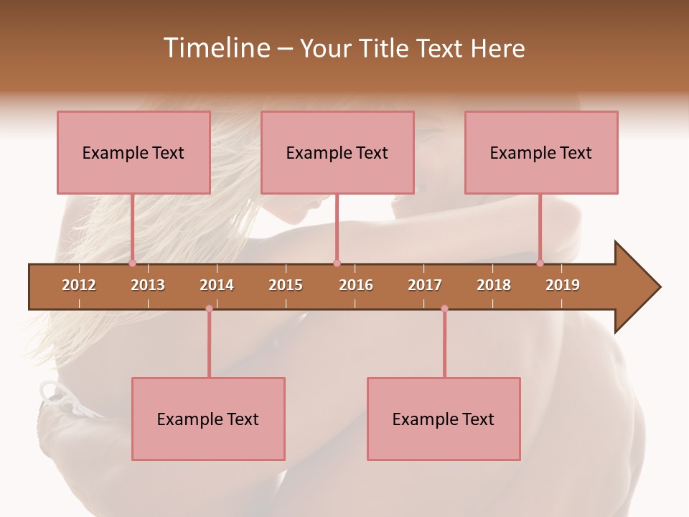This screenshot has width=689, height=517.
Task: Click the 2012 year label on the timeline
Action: (x=79, y=285)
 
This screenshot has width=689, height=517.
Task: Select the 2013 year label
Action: (x=148, y=285)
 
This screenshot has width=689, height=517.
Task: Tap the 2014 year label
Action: (x=217, y=285)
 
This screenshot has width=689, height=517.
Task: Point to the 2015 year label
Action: (x=286, y=285)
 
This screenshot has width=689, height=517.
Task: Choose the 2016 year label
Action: (x=356, y=285)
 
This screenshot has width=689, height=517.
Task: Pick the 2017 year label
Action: (x=425, y=285)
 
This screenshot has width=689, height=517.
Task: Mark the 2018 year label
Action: (x=494, y=285)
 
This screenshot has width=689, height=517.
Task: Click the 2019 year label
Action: (x=563, y=285)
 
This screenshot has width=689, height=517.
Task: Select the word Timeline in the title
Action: (x=215, y=48)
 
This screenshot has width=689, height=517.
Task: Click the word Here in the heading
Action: (x=497, y=48)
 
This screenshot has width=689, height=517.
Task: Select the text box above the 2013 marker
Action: (x=133, y=152)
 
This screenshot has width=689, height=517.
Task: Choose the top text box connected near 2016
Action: (x=337, y=152)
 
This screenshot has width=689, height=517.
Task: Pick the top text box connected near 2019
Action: (x=541, y=152)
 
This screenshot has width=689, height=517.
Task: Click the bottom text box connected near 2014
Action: (x=208, y=419)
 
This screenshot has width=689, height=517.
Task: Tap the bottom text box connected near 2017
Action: (x=444, y=419)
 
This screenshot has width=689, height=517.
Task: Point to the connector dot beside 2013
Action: (x=132, y=263)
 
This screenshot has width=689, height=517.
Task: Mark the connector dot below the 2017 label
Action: (x=444, y=309)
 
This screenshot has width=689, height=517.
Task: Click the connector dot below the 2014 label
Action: (x=209, y=309)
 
